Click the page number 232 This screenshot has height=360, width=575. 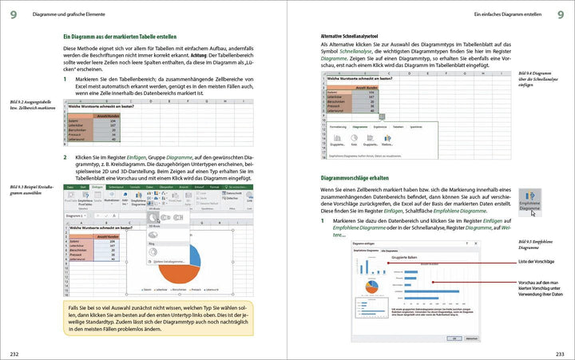[x=15, y=353]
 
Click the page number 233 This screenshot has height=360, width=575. [x=559, y=353]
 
